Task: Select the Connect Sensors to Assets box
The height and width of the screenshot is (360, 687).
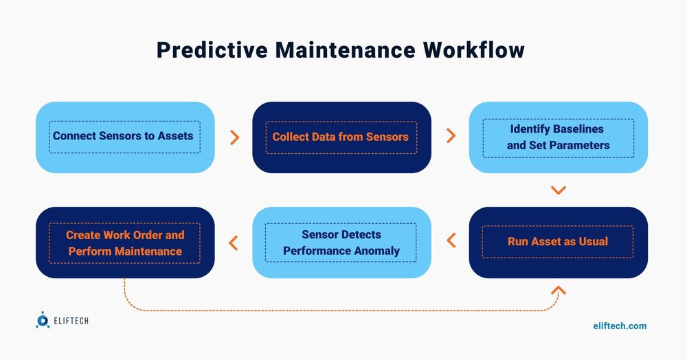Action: pyautogui.click(x=124, y=136)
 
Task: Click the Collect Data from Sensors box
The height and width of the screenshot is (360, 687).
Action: pyautogui.click(x=341, y=137)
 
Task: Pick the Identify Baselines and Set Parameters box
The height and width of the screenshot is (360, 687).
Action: pyautogui.click(x=558, y=137)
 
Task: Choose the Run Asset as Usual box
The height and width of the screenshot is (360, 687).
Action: pyautogui.click(x=558, y=242)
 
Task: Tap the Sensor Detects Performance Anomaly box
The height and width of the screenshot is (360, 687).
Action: pyautogui.click(x=341, y=243)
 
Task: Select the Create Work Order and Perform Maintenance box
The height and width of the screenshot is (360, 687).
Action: pyautogui.click(x=124, y=243)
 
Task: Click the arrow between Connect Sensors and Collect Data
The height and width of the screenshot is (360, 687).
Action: pyautogui.click(x=234, y=137)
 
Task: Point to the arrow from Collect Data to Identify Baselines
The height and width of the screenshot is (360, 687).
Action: pyautogui.click(x=451, y=136)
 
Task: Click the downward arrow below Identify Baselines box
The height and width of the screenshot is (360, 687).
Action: pyautogui.click(x=558, y=190)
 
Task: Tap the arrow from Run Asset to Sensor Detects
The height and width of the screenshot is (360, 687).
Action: pyautogui.click(x=451, y=241)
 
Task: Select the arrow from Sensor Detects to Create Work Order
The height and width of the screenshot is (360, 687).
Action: pyautogui.click(x=233, y=243)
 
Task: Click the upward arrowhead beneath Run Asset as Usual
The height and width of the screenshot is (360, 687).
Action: pyautogui.click(x=559, y=291)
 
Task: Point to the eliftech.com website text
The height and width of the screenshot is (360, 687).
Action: pyautogui.click(x=619, y=326)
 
